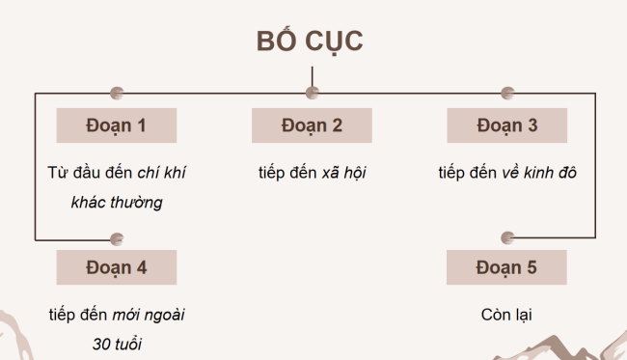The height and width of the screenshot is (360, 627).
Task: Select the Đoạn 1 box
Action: tap(117, 125)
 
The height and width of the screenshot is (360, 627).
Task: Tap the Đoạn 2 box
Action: tap(312, 125)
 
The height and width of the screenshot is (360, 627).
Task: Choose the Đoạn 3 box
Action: tap(506, 125)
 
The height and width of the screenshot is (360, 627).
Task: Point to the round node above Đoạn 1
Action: tap(117, 94)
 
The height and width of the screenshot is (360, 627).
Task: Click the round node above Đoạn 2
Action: tap(312, 94)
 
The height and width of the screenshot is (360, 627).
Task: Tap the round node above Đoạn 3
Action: tap(507, 94)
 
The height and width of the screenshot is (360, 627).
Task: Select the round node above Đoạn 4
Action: tap(117, 238)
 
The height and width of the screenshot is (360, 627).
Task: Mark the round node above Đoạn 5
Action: tap(507, 238)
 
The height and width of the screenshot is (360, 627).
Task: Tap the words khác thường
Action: tap(117, 203)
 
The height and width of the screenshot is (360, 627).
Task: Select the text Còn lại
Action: tap(506, 315)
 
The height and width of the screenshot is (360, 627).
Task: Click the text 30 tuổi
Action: tap(117, 345)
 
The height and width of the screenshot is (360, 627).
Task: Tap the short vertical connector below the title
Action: tap(312, 78)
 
